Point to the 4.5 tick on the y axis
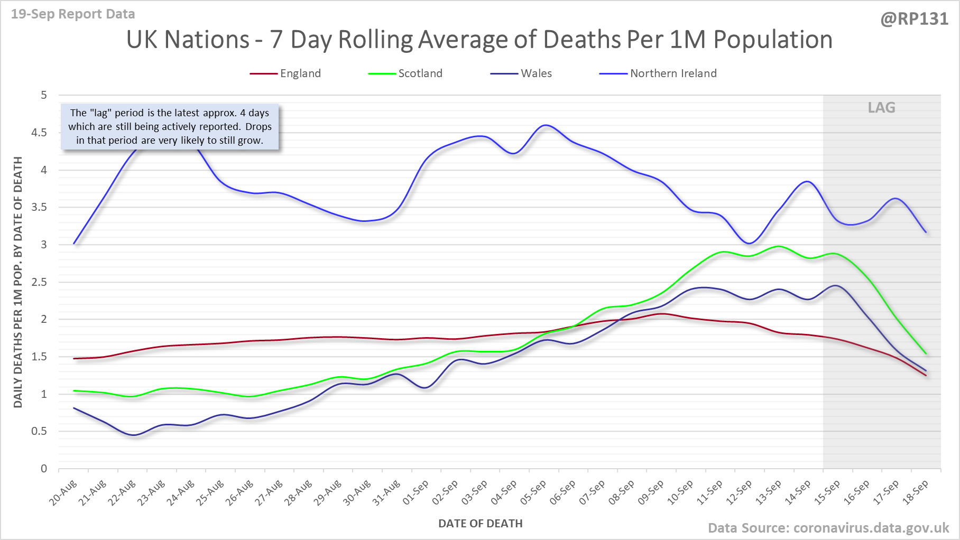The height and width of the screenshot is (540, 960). [39, 133]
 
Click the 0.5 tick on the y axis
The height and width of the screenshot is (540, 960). [39, 431]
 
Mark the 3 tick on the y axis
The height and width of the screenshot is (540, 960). [43, 245]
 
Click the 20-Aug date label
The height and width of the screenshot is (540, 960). [64, 493]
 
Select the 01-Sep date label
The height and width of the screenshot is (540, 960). [417, 493]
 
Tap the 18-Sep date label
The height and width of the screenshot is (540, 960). [916, 493]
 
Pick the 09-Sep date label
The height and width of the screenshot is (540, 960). [651, 493]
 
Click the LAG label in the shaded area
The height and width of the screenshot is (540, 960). [881, 108]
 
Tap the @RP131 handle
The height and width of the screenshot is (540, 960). [914, 19]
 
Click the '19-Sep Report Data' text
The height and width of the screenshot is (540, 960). [73, 14]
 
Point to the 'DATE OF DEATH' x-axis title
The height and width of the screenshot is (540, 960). [480, 524]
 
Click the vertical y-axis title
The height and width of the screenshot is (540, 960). [18, 282]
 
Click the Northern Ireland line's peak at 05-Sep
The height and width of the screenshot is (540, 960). [546, 125]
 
